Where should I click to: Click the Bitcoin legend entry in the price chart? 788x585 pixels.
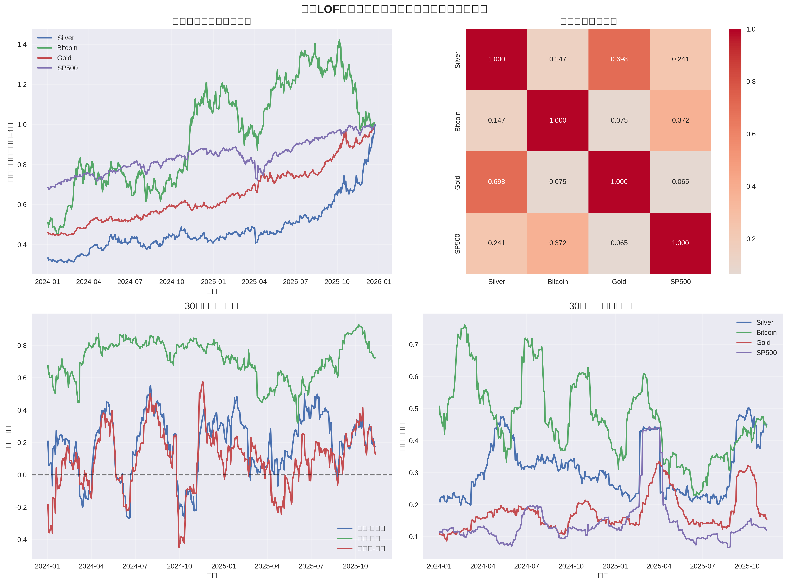click(67, 48)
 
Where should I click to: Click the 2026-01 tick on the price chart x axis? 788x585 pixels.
click(378, 282)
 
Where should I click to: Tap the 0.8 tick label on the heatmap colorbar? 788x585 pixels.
click(751, 82)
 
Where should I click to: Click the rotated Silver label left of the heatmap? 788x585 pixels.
click(457, 59)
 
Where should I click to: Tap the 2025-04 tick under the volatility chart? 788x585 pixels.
click(658, 566)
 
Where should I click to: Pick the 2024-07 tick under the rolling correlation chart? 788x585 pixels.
click(135, 566)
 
